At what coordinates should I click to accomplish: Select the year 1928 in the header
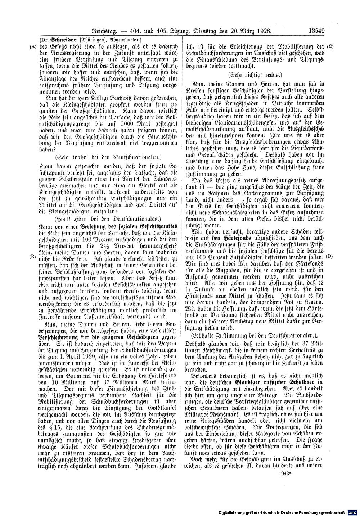[263, 31]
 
